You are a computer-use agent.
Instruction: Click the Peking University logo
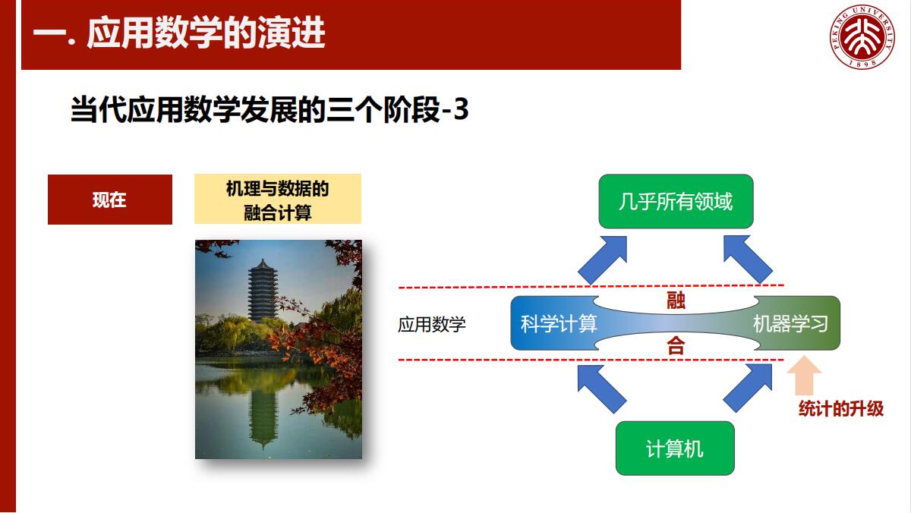point(862,36)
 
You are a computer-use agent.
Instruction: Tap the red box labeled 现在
point(110,200)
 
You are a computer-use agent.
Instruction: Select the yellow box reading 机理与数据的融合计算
point(278,199)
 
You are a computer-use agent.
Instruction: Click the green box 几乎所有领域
point(676,201)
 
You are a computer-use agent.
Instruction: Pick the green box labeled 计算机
point(675,448)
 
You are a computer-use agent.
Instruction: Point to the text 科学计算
point(559,324)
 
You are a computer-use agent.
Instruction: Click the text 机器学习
point(790,324)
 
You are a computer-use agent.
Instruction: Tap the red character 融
point(676,301)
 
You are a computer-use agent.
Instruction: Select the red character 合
point(676,346)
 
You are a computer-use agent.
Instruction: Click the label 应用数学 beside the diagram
point(432,324)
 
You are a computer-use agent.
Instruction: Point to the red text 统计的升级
point(841,408)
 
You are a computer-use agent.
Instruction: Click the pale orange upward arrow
point(804,376)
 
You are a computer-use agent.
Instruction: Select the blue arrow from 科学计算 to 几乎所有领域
point(603,260)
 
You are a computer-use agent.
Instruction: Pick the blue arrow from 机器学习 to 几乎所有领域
point(748,259)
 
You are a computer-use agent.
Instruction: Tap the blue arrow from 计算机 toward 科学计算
point(602,389)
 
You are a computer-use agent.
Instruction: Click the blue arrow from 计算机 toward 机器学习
point(748,389)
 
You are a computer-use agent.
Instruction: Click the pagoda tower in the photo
point(263,291)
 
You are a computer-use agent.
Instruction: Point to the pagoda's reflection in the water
point(263,414)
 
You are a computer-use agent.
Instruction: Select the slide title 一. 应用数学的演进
point(179,33)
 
